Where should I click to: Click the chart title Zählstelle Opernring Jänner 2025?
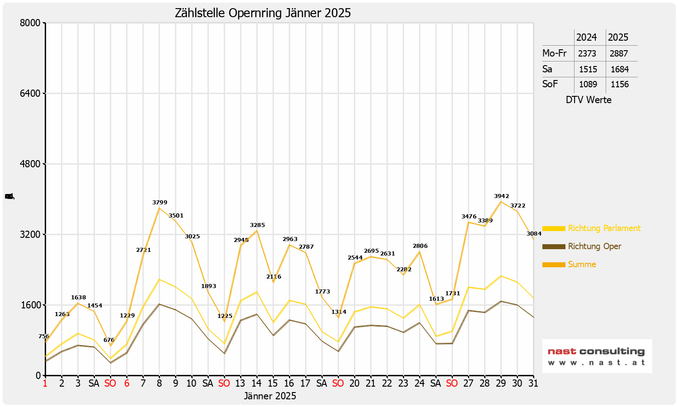(263, 13)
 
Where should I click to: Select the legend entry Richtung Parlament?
(604, 228)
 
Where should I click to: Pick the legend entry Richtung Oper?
(594, 246)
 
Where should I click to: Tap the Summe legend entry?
(582, 265)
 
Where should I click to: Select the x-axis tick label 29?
(501, 383)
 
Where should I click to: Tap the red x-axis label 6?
(127, 383)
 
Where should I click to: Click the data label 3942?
(501, 196)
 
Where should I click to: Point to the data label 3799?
(160, 203)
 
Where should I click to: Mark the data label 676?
(108, 340)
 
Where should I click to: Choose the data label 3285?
(257, 225)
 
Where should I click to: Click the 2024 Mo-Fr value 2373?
(587, 53)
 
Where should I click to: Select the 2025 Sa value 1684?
(620, 69)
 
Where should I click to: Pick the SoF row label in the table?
(550, 84)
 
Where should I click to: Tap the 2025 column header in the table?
(618, 37)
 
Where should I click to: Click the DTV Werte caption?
(589, 100)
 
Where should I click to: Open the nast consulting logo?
(597, 356)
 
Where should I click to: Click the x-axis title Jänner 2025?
(270, 396)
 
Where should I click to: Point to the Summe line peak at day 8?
(159, 208)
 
